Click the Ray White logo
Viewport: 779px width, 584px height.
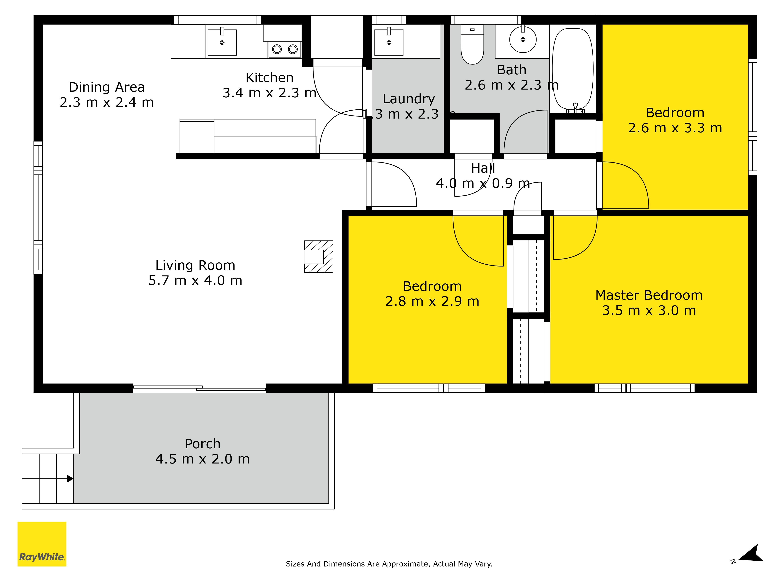coord(42,544)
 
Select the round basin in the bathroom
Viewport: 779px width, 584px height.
coord(523,40)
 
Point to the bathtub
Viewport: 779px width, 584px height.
coord(572,69)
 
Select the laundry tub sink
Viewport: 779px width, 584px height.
coord(389,42)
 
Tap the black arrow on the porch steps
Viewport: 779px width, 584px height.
coord(70,479)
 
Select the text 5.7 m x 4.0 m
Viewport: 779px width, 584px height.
coord(195,281)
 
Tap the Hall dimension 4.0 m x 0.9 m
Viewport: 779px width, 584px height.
coord(483,183)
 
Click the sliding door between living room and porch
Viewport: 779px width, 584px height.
coord(199,388)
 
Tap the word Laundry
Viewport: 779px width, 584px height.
coord(409,99)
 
